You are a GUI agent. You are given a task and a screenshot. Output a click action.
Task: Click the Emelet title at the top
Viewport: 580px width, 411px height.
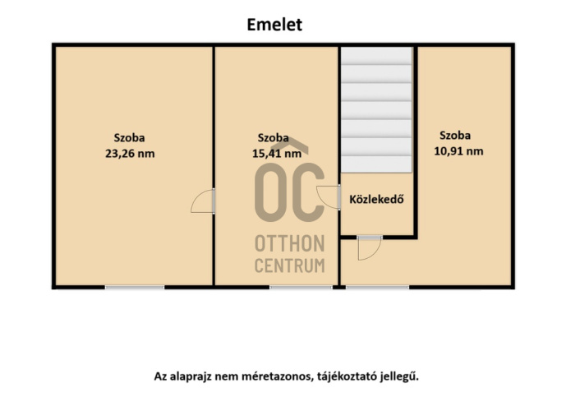point(274,25)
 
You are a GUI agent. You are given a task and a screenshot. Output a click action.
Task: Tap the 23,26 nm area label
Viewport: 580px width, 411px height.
point(130,153)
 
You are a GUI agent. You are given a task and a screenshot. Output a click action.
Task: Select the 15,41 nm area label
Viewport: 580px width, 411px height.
point(277,153)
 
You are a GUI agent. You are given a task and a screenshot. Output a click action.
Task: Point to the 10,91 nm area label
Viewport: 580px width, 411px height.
point(458,151)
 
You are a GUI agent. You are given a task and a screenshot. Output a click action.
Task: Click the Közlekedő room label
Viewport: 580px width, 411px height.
point(376,199)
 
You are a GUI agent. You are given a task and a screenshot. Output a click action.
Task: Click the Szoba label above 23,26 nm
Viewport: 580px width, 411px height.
point(129,138)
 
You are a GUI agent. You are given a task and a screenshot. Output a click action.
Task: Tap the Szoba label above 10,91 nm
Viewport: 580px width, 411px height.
point(455,136)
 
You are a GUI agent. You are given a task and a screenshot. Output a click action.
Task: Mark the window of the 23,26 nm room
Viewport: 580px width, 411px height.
point(135,287)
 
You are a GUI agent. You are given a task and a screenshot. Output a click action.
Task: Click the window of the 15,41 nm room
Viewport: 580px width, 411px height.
point(301,287)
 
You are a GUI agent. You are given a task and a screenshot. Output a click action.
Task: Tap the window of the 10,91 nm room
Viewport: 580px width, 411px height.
point(378,287)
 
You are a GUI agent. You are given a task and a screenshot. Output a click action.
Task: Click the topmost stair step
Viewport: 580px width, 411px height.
point(376,56)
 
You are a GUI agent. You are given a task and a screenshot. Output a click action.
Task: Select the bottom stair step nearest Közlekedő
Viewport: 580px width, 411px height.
point(376,164)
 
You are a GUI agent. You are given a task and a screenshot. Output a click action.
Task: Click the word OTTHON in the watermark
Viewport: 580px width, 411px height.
point(290,243)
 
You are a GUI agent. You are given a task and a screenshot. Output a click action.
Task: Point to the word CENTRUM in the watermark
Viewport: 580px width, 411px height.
point(290,266)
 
